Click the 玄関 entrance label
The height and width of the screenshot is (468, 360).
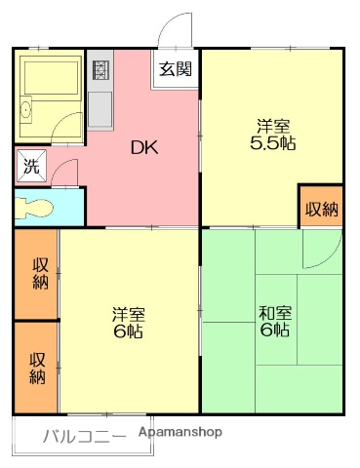coord(176,69)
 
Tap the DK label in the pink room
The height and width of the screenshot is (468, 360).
coord(145,147)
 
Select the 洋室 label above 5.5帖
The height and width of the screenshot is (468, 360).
coord(272,125)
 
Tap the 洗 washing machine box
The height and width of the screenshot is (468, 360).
coord(30,165)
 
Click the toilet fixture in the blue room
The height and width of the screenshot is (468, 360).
coord(36,208)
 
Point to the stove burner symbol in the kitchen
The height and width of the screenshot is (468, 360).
coord(100,69)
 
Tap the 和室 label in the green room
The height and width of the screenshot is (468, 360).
coord(273,314)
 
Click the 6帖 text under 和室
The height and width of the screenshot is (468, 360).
coord(273,331)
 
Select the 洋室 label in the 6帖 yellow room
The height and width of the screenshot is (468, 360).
coord(128,314)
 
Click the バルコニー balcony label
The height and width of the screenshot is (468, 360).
coord(83,436)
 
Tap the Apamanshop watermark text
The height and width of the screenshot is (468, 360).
coord(180,431)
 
